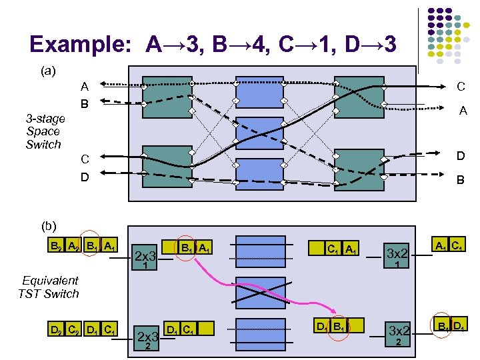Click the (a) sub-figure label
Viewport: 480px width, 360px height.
[47, 69]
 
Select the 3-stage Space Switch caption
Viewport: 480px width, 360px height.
[45, 131]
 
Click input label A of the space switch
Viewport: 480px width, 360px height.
[85, 86]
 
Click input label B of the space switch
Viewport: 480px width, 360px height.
[85, 104]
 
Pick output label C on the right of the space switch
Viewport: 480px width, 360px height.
[460, 86]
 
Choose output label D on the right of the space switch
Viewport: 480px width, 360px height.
[460, 156]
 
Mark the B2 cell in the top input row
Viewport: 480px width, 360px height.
[57, 245]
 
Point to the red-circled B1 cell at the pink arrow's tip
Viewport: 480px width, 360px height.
[340, 327]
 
